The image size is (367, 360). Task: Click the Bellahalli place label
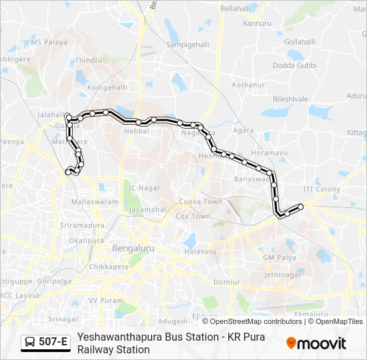click(x=240, y=8)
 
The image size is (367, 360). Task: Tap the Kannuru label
click(x=258, y=23)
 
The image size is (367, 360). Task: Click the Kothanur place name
click(x=249, y=85)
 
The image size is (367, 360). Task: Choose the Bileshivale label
click(x=290, y=99)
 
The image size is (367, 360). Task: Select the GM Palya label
click(x=279, y=257)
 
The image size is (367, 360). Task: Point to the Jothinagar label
click(x=283, y=273)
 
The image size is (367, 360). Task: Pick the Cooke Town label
click(x=200, y=201)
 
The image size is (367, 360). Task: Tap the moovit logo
click(x=316, y=343)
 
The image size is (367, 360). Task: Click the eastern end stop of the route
click(x=300, y=207)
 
